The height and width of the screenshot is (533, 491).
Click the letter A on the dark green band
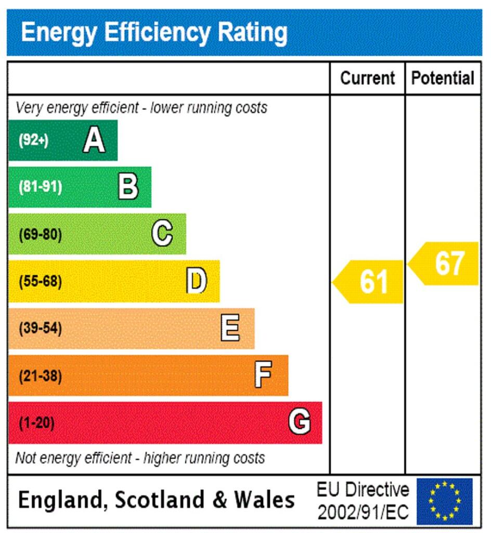tap(94, 140)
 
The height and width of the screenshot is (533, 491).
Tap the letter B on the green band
tap(128, 187)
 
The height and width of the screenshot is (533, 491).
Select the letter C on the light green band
tap(162, 234)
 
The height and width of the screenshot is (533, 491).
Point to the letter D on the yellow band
tap(197, 281)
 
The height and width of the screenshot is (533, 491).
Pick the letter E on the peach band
tap(230, 328)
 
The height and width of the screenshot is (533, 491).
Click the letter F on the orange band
tap(263, 375)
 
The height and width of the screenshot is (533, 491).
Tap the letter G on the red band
tap(300, 422)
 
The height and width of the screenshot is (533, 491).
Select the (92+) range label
tap(33, 141)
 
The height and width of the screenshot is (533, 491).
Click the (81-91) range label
tap(40, 187)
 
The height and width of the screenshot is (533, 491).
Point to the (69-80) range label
tap(40, 235)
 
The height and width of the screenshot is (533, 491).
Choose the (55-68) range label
tap(40, 282)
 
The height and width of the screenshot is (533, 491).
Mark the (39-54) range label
tap(40, 328)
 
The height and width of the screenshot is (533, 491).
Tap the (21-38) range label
tap(40, 376)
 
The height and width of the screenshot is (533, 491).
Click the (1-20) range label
tap(36, 423)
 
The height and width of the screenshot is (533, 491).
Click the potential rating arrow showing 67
tap(445, 263)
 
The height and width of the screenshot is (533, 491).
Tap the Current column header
tap(368, 78)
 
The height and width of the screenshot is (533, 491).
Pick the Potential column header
tap(443, 78)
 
